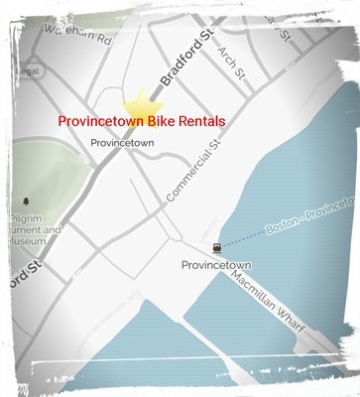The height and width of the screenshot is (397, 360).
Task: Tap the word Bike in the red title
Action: [157, 120]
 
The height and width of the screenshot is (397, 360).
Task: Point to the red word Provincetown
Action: [98, 120]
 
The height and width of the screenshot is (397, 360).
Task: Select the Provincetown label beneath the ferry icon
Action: [216, 265]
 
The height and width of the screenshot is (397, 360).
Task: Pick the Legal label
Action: [24, 71]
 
